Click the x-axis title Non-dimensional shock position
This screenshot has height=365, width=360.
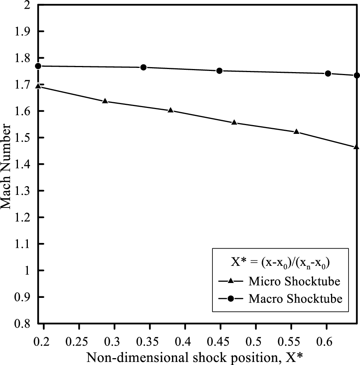click(x=195, y=356)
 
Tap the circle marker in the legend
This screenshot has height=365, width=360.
click(x=231, y=298)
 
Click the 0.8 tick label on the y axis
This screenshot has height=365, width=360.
click(x=26, y=323)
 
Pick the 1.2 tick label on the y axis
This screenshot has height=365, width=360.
click(x=26, y=217)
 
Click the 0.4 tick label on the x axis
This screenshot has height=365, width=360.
click(x=185, y=339)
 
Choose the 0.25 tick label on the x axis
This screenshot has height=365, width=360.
click(x=79, y=339)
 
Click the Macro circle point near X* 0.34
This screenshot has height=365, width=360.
click(x=143, y=67)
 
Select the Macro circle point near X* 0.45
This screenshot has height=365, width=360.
click(x=219, y=71)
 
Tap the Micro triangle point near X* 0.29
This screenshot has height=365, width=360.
click(x=105, y=101)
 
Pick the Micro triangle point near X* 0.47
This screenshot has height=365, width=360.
click(x=234, y=122)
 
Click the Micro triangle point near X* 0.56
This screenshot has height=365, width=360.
click(x=296, y=132)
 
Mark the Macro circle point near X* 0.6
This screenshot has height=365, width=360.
click(x=328, y=73)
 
